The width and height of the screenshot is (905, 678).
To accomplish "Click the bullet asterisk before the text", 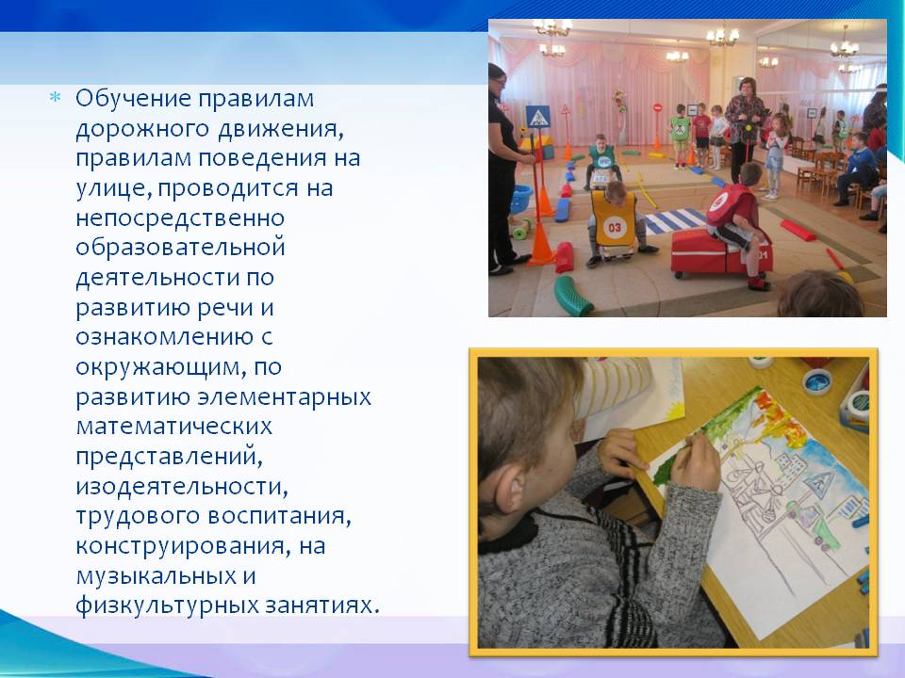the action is click(55, 97).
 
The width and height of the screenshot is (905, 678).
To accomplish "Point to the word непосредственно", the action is click(180, 218).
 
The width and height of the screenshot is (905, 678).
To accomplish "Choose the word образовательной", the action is click(181, 248).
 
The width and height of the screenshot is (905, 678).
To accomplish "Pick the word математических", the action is click(173, 427).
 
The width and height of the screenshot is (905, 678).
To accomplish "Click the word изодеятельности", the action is click(181, 486).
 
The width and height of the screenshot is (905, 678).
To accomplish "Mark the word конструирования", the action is click(183, 546).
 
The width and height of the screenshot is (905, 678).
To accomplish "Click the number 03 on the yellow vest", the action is click(614, 227).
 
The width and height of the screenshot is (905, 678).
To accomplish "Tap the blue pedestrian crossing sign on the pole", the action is click(537, 117).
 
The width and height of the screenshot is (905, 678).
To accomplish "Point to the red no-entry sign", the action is click(657, 107).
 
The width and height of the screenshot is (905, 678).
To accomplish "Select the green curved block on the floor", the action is click(571, 295).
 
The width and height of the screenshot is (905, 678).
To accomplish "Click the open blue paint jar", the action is click(816, 381).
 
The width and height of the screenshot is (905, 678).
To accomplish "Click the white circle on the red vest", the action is click(719, 203).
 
